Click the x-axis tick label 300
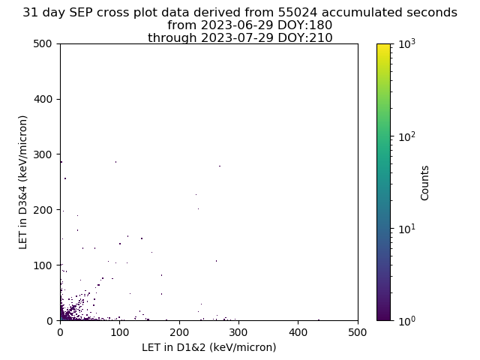pos(238,332)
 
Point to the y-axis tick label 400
pos(43,99)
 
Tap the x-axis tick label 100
pos(120,332)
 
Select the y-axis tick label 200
pos(43,210)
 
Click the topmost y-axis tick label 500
pos(43,43)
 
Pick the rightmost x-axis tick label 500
pos(358,332)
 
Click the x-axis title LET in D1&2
pos(209,347)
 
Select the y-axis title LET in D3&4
pos(23,182)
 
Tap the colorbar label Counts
pos(424,183)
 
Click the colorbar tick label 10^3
pos(407,44)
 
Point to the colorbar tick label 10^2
pos(407,136)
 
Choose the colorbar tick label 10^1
pos(407,229)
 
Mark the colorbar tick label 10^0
pos(407,321)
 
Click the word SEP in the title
pos(80,13)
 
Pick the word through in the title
pos(172,38)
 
